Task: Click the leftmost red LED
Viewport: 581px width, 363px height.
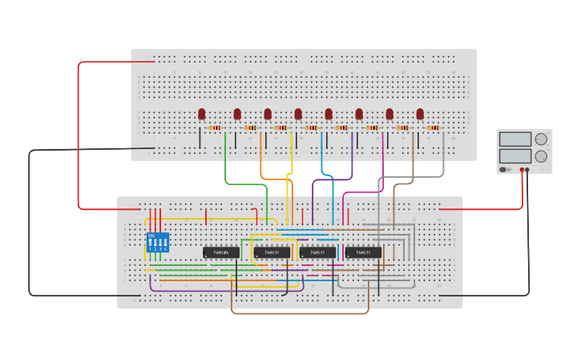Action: coord(202,115)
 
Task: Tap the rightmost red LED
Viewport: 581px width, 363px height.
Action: coord(420,115)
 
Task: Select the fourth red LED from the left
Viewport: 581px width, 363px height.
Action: coord(298,115)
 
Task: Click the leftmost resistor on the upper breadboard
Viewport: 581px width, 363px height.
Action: coord(215,127)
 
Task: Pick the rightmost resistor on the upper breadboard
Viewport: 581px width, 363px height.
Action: coord(434,127)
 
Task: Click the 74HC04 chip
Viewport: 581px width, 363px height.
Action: coord(221,252)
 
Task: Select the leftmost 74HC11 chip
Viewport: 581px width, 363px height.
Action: coord(272,252)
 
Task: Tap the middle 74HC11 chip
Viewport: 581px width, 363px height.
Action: coord(317,252)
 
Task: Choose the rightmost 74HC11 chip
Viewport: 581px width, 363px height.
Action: coord(363,252)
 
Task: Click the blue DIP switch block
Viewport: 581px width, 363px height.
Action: coord(158,242)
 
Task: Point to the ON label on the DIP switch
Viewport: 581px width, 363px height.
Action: coord(151,236)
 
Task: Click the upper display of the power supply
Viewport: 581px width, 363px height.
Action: coord(514,139)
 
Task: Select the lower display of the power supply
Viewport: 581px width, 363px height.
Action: coord(514,155)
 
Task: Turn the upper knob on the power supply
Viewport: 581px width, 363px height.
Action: coord(542,139)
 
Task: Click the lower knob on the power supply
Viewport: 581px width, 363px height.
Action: coord(542,156)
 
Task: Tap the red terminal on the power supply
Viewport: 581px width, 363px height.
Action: coord(522,170)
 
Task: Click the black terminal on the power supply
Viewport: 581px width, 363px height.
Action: coord(527,170)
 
